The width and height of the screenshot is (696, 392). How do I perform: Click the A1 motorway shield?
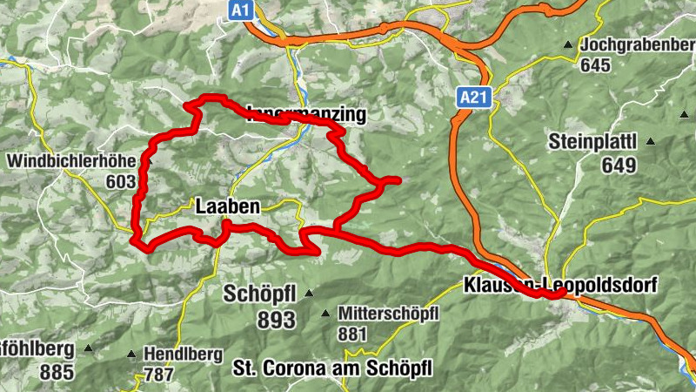point(243,10)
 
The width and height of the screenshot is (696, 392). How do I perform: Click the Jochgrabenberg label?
point(639,44)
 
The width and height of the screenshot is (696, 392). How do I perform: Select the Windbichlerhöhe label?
point(73,161)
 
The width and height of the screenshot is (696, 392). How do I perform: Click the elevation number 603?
point(123,182)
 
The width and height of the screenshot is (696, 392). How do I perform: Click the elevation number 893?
point(277,320)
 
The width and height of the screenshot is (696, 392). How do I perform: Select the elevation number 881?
point(353,333)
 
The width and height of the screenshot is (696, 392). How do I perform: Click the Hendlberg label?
point(184,355)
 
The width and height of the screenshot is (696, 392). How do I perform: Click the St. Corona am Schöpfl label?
point(333,369)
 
